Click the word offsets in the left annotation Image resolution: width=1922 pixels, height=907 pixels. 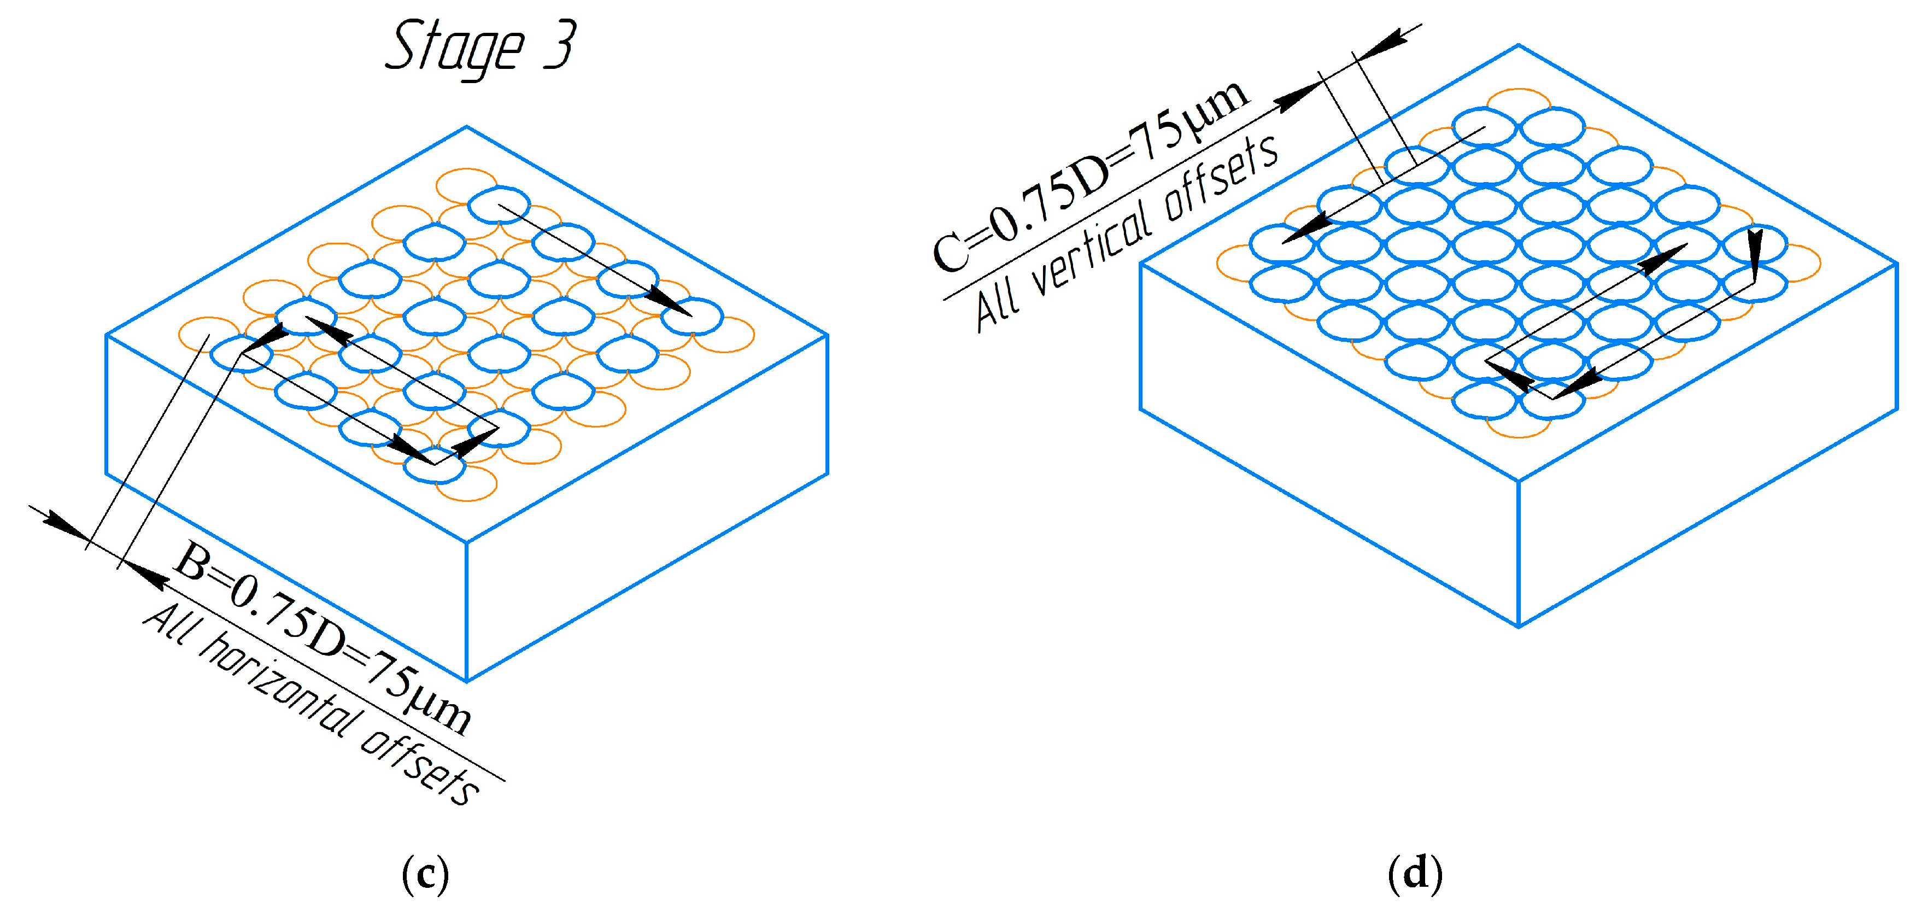point(421,769)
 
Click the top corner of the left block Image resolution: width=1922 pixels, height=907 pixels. point(467,127)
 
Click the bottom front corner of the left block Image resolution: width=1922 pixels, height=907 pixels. point(467,681)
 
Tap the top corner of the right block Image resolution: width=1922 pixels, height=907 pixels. point(1519,45)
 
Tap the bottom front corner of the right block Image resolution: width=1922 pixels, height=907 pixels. point(1519,625)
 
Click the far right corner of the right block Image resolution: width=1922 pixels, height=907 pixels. point(1897,264)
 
